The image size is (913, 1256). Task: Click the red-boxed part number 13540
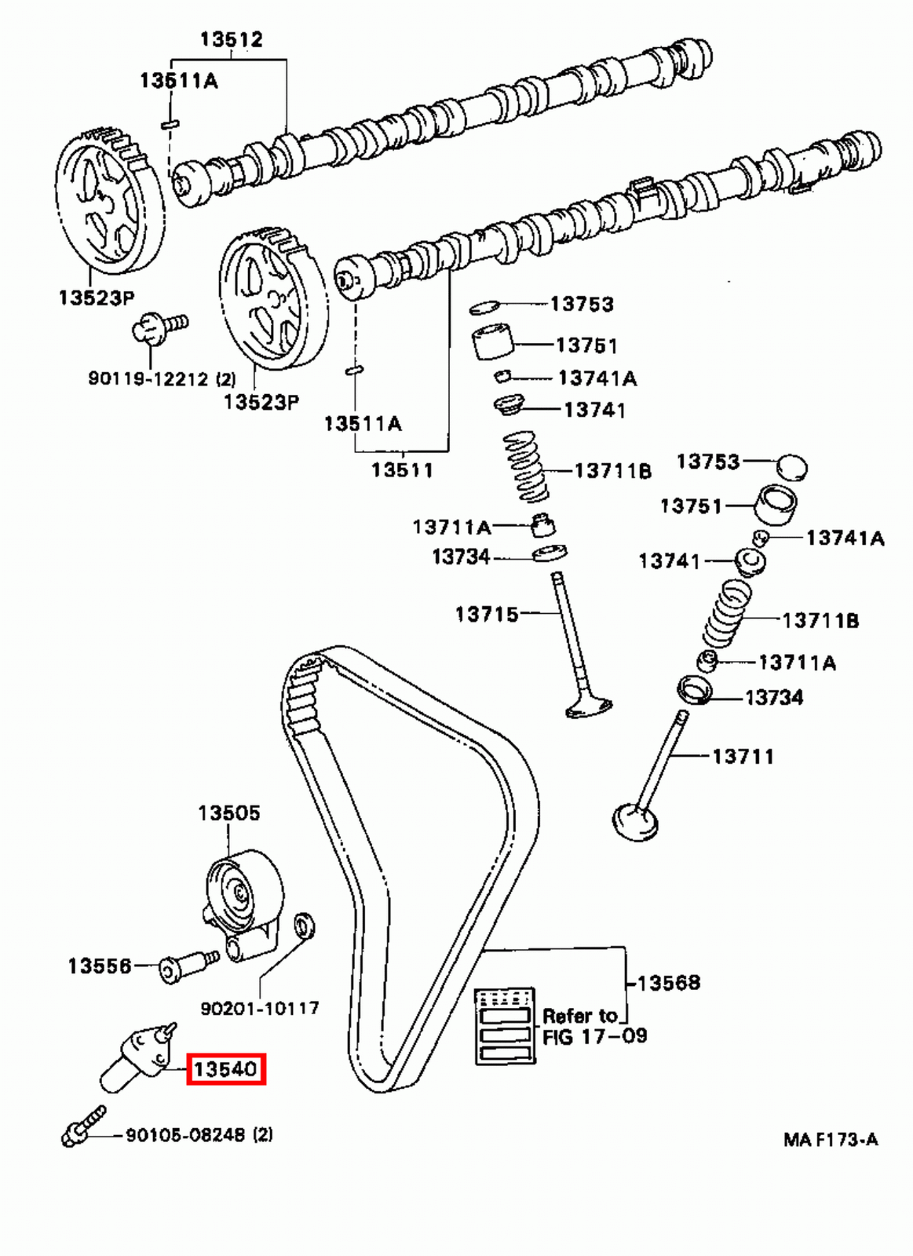click(226, 1069)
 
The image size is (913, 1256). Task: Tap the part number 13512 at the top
click(231, 38)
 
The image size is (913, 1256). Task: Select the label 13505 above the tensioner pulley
click(228, 812)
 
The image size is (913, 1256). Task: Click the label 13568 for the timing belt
click(668, 982)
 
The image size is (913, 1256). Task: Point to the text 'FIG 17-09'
click(594, 1036)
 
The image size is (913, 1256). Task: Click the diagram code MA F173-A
click(831, 1139)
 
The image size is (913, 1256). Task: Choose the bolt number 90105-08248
click(187, 1134)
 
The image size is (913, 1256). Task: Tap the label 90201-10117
click(260, 1007)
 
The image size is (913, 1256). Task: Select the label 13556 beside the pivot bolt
click(100, 966)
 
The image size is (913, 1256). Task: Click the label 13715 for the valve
click(487, 613)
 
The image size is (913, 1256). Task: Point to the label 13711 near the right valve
click(743, 756)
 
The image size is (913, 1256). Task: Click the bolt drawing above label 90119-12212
click(157, 327)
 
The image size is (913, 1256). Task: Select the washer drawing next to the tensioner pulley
click(303, 925)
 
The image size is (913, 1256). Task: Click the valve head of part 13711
click(634, 822)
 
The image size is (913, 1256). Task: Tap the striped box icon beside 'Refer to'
click(505, 1026)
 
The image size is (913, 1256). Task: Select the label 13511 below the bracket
click(402, 469)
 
